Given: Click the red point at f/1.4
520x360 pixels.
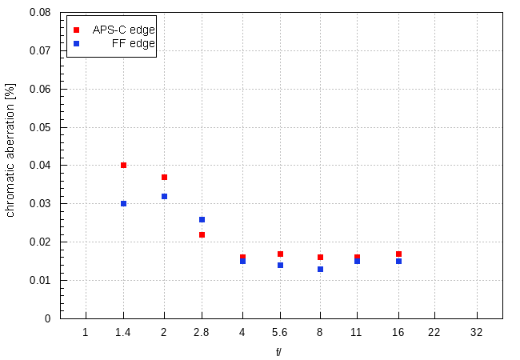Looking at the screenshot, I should coord(123,166).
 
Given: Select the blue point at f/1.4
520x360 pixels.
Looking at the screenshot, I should coord(123,203).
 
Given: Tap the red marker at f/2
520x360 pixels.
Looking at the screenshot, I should coord(164,177).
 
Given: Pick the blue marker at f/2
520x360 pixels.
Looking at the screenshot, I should coord(164,196).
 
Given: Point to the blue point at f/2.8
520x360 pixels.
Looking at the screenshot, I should coord(202,219).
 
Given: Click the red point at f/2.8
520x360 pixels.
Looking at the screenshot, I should coord(202,234).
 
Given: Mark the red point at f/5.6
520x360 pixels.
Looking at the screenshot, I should coord(280,254).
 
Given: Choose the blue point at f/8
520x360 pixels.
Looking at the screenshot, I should coord(320,269).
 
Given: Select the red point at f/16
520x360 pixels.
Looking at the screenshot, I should coord(398,254).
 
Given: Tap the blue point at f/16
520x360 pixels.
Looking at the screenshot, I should coord(398,261).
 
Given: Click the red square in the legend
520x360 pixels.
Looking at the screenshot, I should coord(76,30).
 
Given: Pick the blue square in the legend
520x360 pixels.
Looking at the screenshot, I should coord(76,44).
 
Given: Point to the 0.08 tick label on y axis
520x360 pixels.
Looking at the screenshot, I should coord(40,13).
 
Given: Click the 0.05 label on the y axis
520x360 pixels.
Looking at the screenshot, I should coord(40,127).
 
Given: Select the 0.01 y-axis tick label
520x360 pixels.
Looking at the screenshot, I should coord(40,280).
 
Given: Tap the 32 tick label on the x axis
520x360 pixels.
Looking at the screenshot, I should coord(477,331).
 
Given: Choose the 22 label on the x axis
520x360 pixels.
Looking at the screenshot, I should coord(434,331).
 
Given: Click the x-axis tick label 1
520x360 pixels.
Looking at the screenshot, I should coord(85,331).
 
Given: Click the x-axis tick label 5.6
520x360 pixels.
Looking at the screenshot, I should coord(280,331).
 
